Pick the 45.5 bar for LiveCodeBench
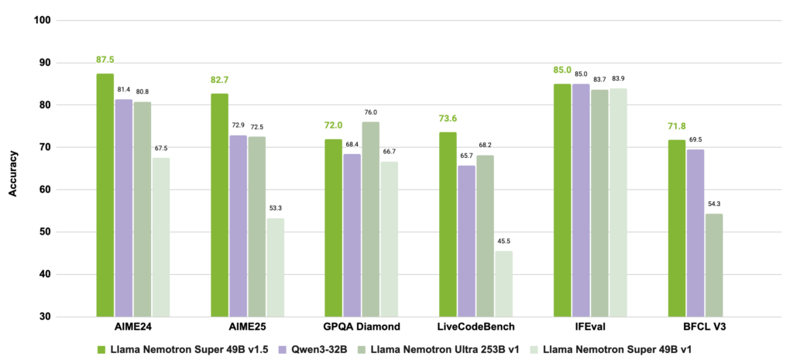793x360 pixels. point(504,283)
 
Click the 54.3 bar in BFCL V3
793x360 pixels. point(714,265)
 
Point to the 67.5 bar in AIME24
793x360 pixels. point(160,237)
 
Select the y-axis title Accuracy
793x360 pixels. point(13,169)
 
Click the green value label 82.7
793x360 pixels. point(218,80)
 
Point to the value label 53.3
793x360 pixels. point(275,208)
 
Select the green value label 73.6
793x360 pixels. point(448,118)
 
